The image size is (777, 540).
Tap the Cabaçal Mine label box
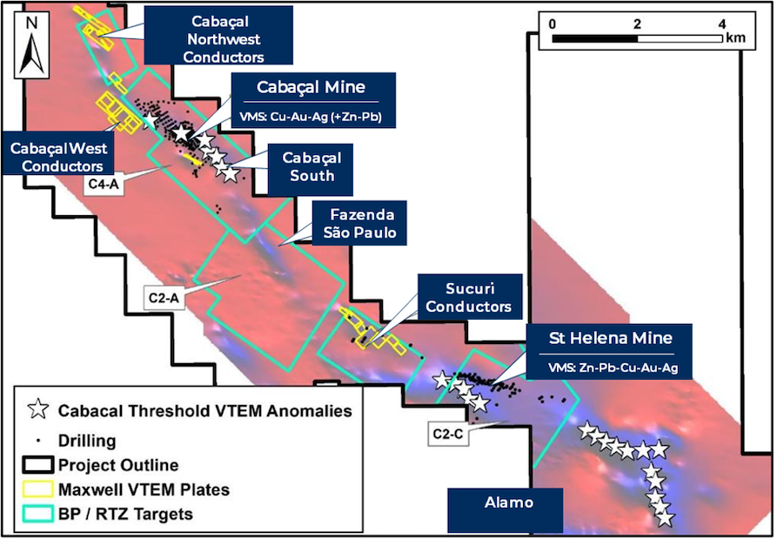[313, 100]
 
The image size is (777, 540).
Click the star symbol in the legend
[37, 410]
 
